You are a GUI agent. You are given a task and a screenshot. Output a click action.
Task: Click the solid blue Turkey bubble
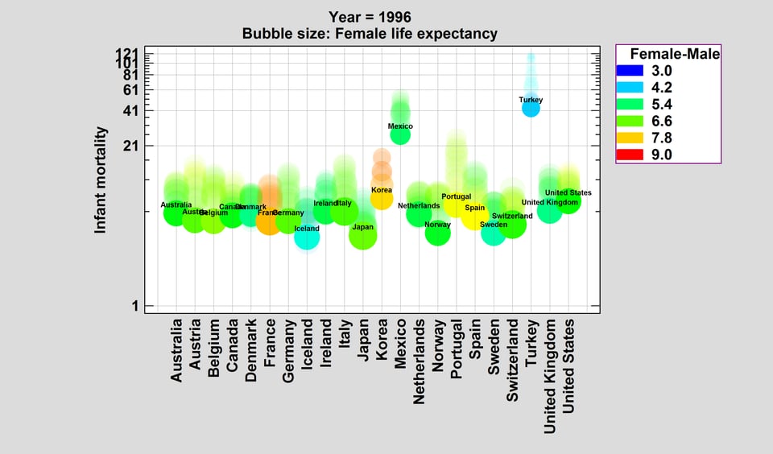click(531, 107)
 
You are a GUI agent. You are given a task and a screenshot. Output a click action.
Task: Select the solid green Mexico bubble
click(400, 134)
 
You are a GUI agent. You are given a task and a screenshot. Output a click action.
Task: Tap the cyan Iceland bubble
click(307, 237)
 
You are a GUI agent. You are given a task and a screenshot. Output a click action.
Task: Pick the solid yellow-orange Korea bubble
click(382, 198)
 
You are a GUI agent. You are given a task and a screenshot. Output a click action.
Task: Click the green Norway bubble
click(437, 233)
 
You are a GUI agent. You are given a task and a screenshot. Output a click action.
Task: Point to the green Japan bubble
click(363, 235)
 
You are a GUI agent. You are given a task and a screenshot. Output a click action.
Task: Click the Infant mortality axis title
click(101, 180)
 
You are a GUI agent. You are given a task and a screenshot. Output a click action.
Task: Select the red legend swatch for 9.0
click(629, 155)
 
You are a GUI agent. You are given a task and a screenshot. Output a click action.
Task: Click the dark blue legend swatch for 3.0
click(629, 70)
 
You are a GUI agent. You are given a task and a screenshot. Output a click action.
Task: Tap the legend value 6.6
click(661, 121)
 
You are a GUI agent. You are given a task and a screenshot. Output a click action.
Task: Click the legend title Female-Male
click(674, 53)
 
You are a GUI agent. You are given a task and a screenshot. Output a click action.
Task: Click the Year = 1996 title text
click(370, 17)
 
